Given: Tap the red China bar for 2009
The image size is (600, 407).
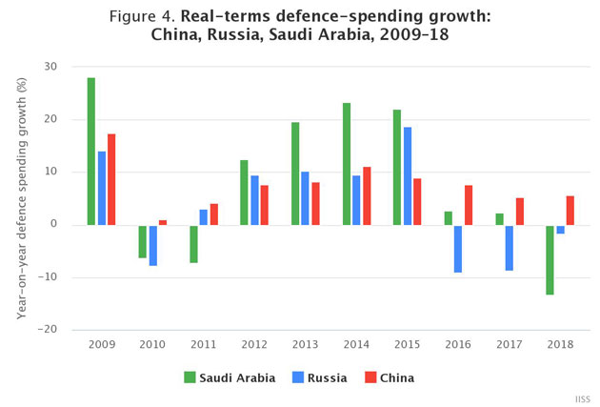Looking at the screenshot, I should [111, 179].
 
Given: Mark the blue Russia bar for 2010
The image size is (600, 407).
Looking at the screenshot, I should [152, 245].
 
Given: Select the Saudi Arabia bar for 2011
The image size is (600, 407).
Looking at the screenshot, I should [193, 243].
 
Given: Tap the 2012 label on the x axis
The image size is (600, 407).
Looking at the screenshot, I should [253, 346].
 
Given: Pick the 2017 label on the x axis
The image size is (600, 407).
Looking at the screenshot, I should [508, 346].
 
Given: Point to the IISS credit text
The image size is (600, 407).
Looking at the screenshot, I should [581, 397].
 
